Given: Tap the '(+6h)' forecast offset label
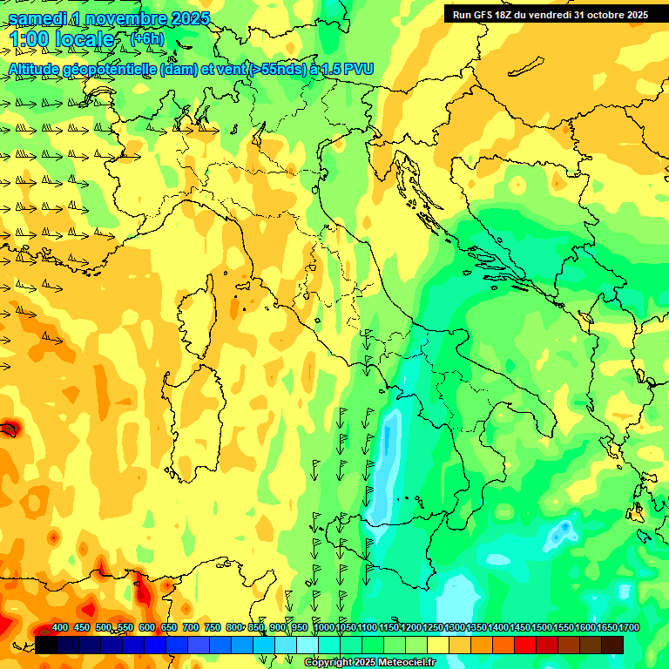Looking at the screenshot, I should pyautogui.click(x=146, y=38).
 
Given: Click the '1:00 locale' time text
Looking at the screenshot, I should pyautogui.click(x=62, y=39).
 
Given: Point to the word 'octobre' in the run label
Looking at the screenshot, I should pyautogui.click(x=598, y=14).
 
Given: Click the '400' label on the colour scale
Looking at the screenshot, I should pyautogui.click(x=60, y=628).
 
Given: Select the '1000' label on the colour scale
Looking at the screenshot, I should pyautogui.click(x=323, y=628).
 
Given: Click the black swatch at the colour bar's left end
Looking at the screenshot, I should pyautogui.click(x=46, y=645).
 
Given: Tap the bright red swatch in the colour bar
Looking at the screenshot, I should pyautogui.click(x=525, y=645).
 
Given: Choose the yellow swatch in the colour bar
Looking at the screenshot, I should pyautogui.click(x=438, y=645).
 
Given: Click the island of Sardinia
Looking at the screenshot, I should pyautogui.click(x=193, y=418).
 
